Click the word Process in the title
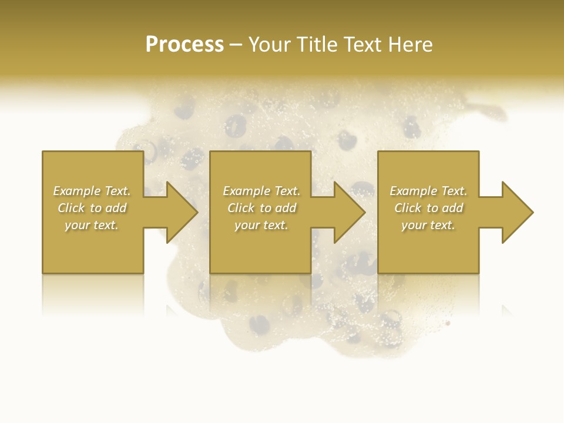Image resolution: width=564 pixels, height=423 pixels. tap(184, 45)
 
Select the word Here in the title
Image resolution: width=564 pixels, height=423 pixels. tap(409, 45)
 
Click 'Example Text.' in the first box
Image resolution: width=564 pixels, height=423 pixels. tap(92, 191)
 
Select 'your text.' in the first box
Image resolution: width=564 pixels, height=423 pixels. tap(92, 225)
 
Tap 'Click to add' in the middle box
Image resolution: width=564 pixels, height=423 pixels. tap(261, 208)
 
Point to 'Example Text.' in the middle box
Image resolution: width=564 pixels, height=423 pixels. tap(261, 191)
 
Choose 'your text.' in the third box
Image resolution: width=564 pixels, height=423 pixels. tap(428, 225)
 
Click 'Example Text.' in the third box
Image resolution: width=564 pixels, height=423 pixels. tap(428, 191)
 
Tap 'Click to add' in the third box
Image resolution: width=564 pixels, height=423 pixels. tap(428, 208)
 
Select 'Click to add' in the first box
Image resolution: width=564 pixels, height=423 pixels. tap(92, 208)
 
